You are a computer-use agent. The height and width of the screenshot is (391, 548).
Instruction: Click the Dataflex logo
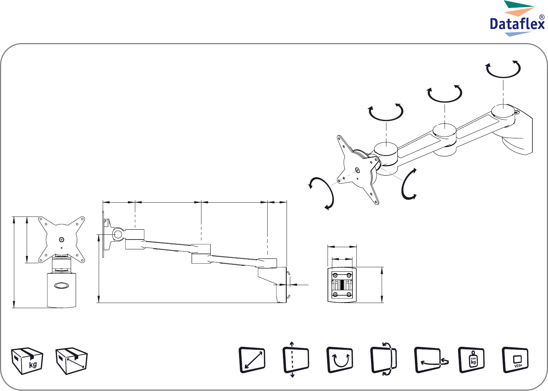[517, 19]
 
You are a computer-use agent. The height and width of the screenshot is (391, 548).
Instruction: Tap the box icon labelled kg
[27, 361]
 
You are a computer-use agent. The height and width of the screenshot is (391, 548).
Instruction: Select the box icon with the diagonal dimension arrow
[71, 361]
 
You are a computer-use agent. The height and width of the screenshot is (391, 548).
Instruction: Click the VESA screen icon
[515, 360]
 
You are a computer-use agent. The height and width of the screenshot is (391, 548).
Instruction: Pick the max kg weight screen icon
[471, 360]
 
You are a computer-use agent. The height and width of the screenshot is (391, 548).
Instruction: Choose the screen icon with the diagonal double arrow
[252, 360]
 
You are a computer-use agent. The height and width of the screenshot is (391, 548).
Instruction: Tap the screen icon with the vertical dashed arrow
[295, 360]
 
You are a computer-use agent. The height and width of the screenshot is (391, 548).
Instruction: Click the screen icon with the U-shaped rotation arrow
[340, 360]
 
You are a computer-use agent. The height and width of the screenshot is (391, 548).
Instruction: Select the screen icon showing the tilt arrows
[383, 360]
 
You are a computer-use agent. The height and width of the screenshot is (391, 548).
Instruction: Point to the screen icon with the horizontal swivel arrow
[431, 360]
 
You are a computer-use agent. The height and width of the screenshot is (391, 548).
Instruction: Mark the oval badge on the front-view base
[62, 285]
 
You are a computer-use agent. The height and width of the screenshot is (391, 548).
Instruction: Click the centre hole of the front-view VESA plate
[62, 240]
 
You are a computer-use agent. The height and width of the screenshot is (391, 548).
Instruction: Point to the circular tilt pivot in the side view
[118, 234]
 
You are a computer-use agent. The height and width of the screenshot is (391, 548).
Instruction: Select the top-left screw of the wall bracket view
[335, 275]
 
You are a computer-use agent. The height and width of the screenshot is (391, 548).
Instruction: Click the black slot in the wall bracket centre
[342, 285]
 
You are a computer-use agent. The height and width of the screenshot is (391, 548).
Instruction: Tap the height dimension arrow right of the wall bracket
[382, 285]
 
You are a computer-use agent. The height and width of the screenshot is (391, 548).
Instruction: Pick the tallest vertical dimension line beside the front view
[14, 262]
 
